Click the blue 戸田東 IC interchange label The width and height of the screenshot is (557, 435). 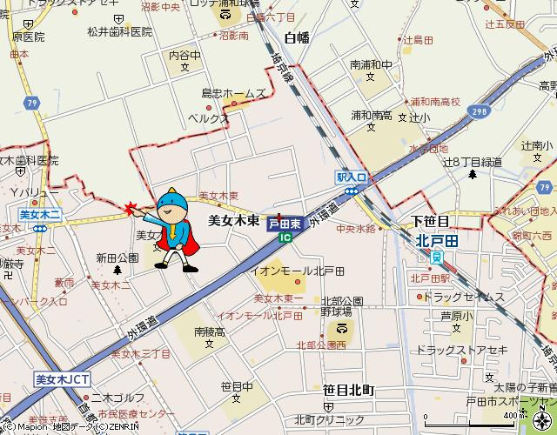(285, 224)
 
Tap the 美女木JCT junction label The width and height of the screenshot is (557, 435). (62, 379)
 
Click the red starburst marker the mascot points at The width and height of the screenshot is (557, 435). (131, 209)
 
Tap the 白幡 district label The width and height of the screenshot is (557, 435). (297, 37)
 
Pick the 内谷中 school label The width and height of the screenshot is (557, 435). (185, 55)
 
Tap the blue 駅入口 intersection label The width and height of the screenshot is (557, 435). (352, 177)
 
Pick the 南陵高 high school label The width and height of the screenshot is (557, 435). (210, 331)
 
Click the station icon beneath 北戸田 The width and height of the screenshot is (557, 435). (436, 257)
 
